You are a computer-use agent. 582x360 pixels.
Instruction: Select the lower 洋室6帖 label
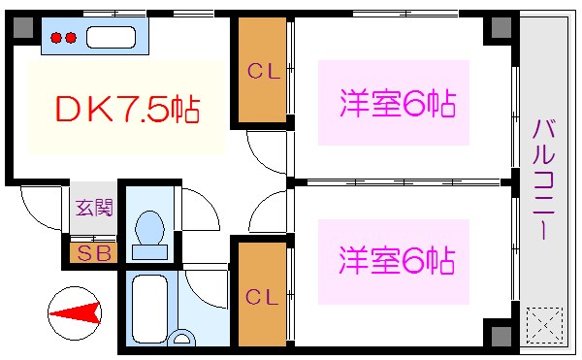point(398,261)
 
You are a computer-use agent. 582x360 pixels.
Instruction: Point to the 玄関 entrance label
point(94,207)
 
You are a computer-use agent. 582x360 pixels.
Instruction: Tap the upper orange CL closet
point(261,71)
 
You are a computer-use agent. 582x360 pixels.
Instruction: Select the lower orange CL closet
point(261,295)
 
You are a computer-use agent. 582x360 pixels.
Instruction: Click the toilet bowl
point(149,233)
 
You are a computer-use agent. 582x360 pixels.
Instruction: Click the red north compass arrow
point(76,312)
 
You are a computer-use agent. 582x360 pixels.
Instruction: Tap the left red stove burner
point(56,39)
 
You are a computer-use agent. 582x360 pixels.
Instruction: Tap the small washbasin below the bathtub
point(180,340)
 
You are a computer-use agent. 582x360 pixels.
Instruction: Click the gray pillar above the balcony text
point(501,27)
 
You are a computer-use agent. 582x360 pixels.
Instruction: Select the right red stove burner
point(70,39)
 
